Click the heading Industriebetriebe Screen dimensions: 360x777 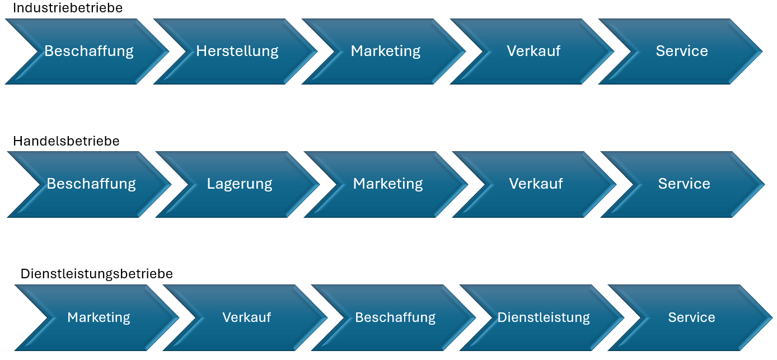(68, 8)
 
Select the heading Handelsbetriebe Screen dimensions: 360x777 (66, 141)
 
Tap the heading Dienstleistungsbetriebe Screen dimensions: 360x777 (97, 274)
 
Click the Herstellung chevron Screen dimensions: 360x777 (237, 51)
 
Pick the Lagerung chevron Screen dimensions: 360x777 (239, 184)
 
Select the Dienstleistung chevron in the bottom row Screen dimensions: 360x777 (543, 317)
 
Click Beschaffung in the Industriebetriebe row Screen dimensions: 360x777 (89, 51)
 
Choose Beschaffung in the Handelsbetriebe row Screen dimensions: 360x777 (91, 184)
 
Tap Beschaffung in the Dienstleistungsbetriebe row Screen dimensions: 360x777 (395, 317)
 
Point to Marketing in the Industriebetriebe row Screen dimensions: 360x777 (386, 51)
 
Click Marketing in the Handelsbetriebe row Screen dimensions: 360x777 (388, 184)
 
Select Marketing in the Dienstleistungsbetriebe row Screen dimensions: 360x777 (99, 317)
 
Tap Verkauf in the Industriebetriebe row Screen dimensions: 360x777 (533, 51)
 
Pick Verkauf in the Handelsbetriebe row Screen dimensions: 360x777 (536, 184)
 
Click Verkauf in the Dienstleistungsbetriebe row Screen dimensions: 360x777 (246, 317)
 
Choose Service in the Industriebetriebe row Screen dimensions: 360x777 (682, 51)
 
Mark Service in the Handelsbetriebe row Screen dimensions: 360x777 (684, 184)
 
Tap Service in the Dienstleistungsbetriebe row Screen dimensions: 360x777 (691, 317)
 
